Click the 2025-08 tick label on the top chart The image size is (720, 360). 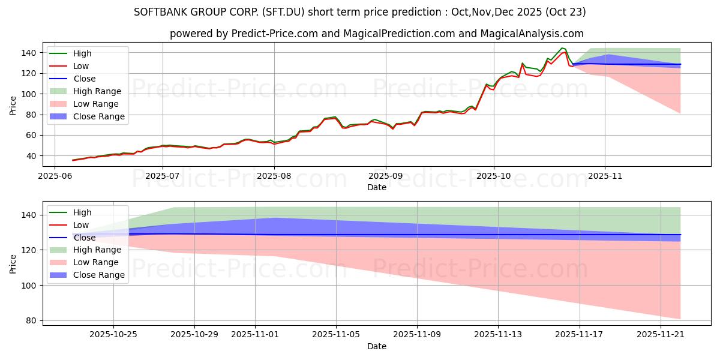pos(274,176)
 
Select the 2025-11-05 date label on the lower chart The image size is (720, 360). pos(336,335)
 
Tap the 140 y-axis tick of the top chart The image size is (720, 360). pos(28,53)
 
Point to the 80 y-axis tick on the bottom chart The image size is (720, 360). pos(31,321)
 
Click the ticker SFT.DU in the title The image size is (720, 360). pos(283,12)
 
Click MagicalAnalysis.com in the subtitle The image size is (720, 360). pos(532,34)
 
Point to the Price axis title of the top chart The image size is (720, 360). pos(13,106)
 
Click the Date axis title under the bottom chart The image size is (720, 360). pos(377,347)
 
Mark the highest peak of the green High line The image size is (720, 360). pos(562,48)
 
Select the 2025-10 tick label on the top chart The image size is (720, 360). pos(494,176)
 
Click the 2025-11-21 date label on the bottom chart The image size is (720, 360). pos(661,335)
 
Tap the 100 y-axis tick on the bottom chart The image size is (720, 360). pos(28,286)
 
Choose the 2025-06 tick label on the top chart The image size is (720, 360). pos(55,176)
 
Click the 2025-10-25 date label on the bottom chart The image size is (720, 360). pos(113,335)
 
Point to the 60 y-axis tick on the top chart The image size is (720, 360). pos(31,136)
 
